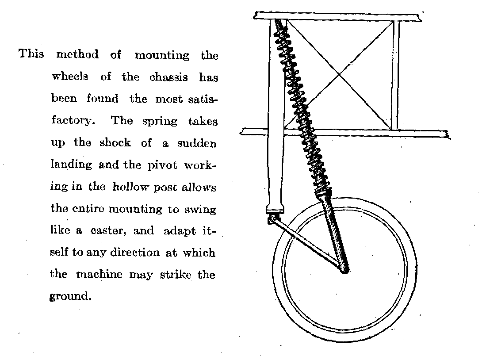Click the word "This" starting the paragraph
click(31, 54)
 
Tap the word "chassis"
click(168, 77)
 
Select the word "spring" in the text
click(160, 122)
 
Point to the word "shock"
click(115, 143)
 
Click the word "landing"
click(71, 165)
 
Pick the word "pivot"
click(162, 165)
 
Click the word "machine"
click(99, 274)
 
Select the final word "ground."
click(70, 296)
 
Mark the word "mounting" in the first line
click(162, 55)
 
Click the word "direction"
click(135, 253)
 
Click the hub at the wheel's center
click(344, 270)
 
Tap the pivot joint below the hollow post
click(272, 220)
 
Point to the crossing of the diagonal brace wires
click(339, 74)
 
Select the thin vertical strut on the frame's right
click(395, 76)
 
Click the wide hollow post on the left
click(276, 115)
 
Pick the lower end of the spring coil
click(324, 194)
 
